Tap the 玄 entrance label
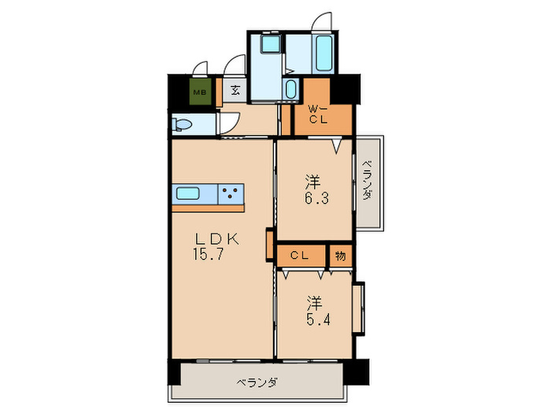(235, 90)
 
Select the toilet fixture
(182, 124)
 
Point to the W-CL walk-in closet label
(317, 113)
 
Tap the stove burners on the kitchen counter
(231, 194)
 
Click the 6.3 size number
(316, 198)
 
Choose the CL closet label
(298, 256)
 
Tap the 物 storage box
(340, 256)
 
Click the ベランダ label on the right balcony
(367, 183)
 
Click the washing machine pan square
(268, 45)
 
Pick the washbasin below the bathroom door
(290, 88)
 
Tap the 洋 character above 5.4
(314, 302)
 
